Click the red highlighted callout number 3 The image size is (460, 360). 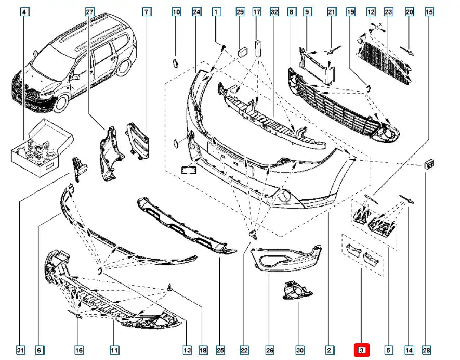pyautogui.click(x=361, y=350)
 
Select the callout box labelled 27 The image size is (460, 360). pyautogui.click(x=89, y=11)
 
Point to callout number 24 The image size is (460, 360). pyautogui.click(x=196, y=11)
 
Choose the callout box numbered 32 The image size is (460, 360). pyautogui.click(x=274, y=11)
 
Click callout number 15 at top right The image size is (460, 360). pyautogui.click(x=429, y=11)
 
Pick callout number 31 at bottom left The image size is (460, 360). pyautogui.click(x=20, y=350)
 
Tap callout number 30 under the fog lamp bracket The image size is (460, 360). pyautogui.click(x=299, y=350)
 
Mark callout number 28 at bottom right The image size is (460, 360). pyautogui.click(x=426, y=350)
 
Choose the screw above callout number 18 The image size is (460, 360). pyautogui.click(x=170, y=288)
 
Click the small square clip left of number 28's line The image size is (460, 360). pyautogui.click(x=429, y=164)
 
